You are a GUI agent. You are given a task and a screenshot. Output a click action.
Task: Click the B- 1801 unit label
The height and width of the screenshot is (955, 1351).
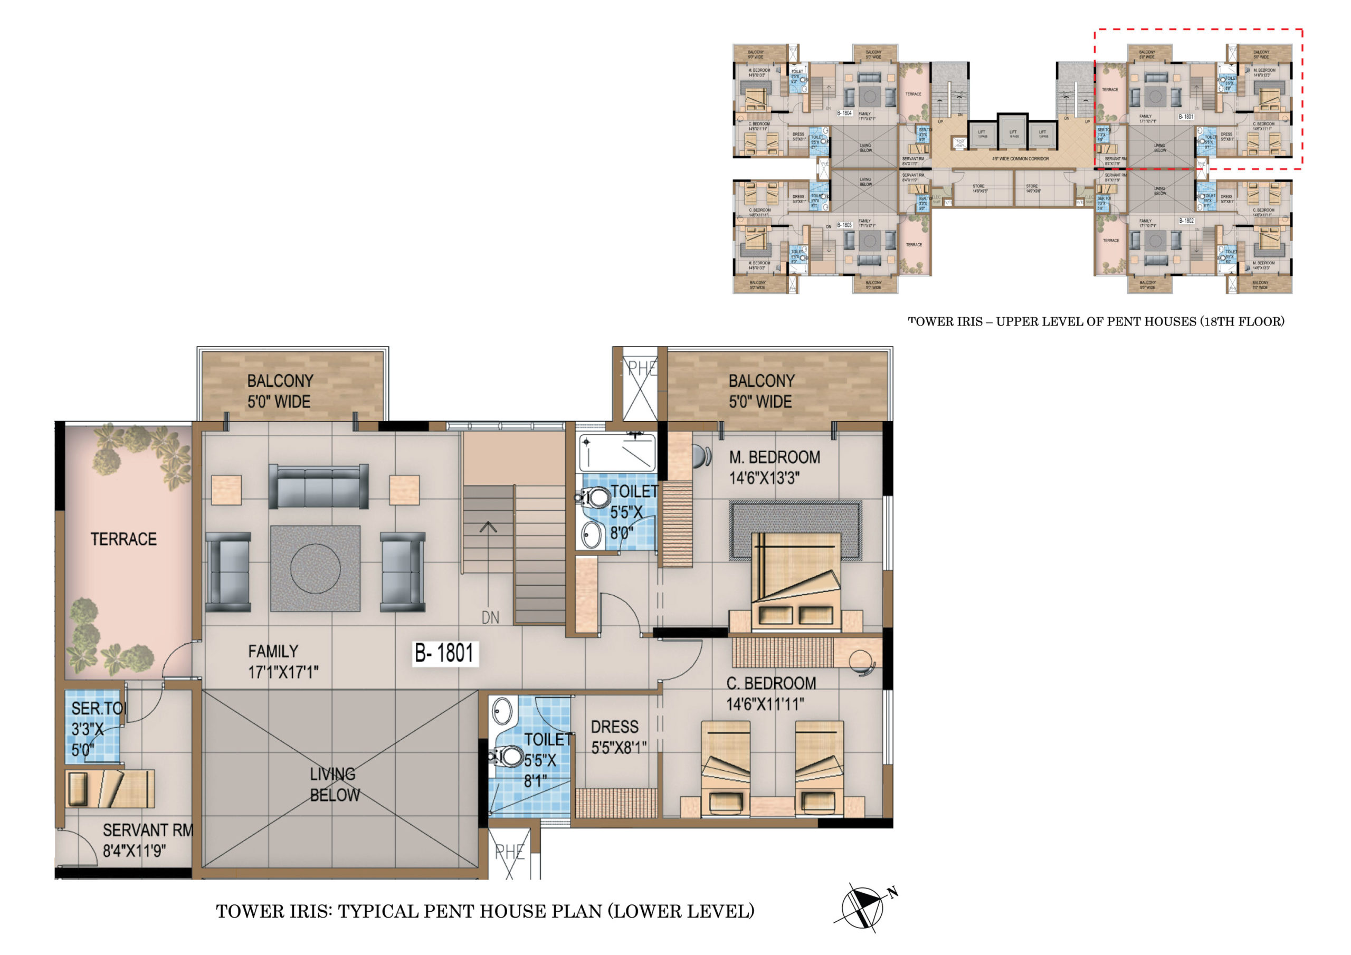coord(445,653)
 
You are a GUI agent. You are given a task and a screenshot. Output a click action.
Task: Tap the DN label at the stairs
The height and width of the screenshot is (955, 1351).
coord(490,617)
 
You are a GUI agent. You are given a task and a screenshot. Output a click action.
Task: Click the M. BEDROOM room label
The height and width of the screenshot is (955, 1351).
coord(774,457)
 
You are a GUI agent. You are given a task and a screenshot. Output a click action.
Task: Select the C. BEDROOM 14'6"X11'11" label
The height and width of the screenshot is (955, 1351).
coord(770,693)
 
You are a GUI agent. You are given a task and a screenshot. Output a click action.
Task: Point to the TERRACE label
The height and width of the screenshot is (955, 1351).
coord(123,539)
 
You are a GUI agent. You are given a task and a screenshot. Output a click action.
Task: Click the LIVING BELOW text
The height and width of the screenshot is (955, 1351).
coord(334,785)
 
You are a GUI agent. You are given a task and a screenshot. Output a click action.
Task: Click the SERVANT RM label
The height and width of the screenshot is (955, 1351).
coord(147,830)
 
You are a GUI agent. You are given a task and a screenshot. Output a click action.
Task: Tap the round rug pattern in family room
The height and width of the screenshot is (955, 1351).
coord(316,568)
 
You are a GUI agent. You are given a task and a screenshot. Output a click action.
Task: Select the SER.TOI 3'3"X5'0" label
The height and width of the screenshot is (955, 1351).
coord(94,729)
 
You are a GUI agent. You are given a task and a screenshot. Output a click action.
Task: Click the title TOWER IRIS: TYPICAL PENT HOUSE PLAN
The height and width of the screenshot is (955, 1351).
coord(485,911)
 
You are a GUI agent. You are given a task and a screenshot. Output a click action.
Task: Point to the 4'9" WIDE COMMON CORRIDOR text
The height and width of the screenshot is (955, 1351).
coord(1020,159)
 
